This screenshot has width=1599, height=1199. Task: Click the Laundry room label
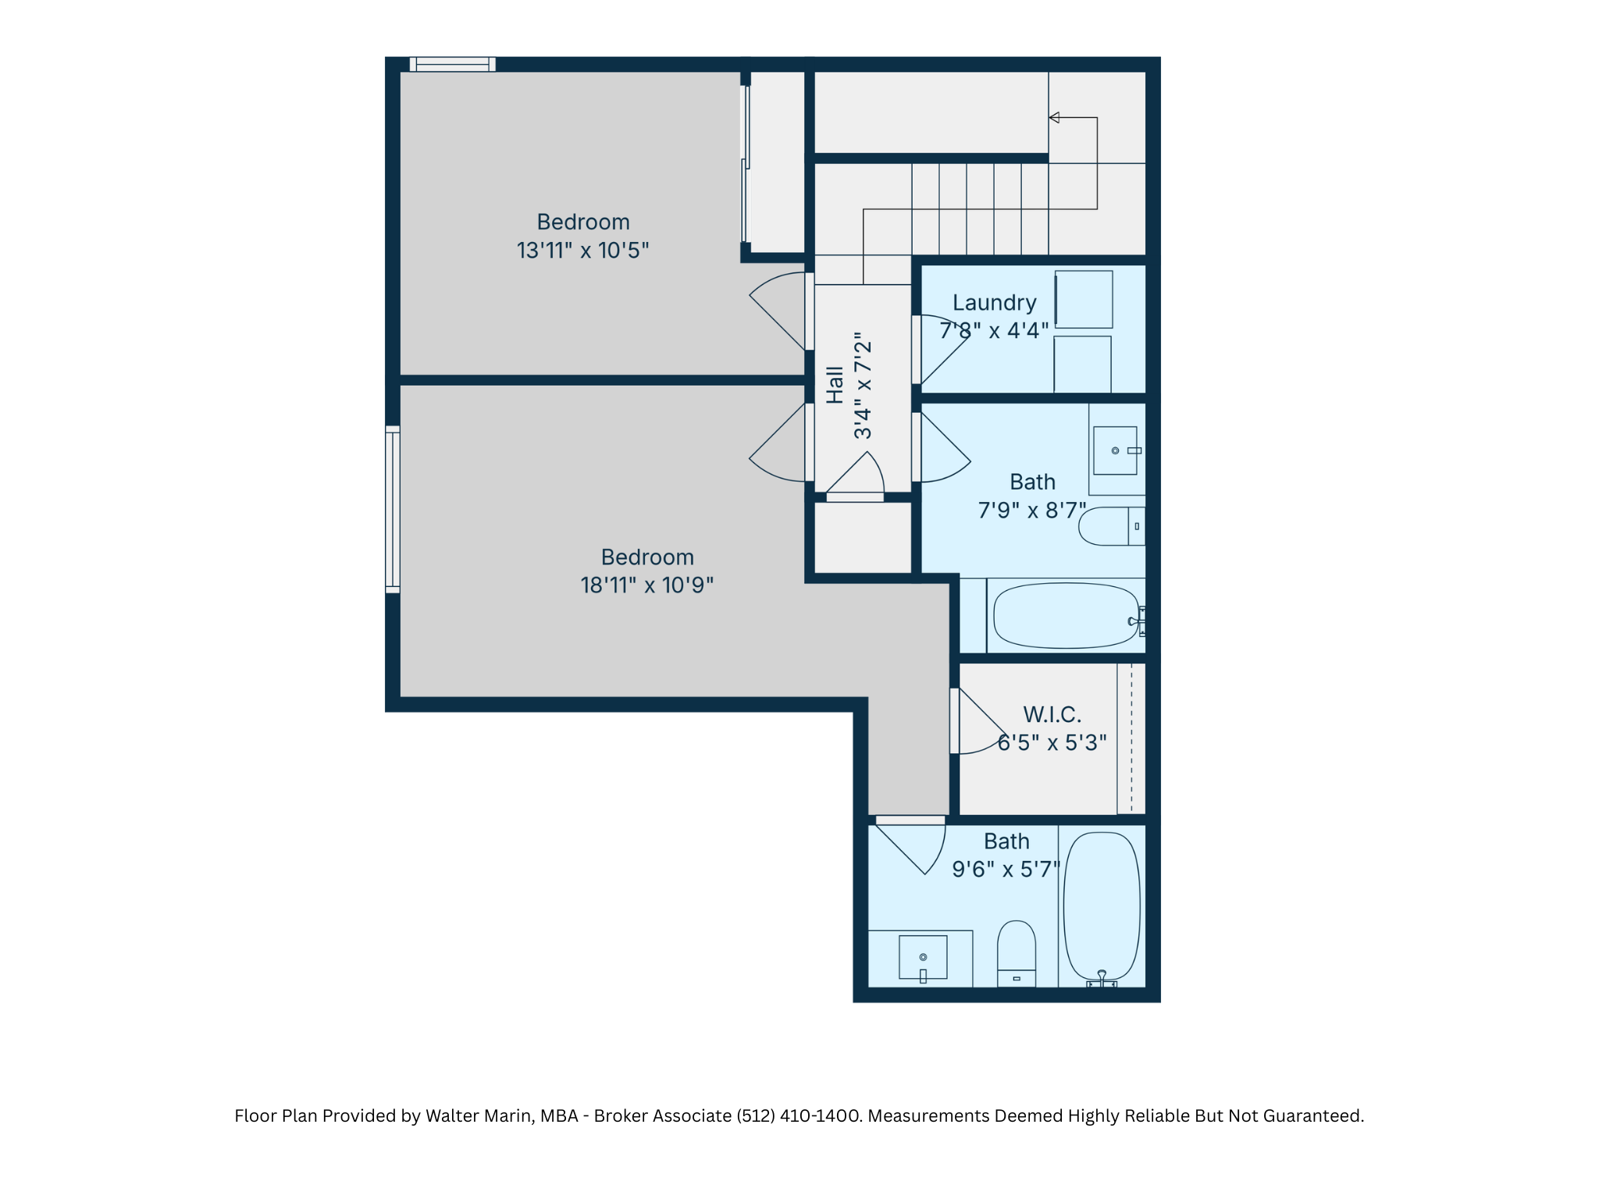(x=994, y=303)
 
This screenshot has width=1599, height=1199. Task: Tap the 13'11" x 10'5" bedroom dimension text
(x=582, y=251)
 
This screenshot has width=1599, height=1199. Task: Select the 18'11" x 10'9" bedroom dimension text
(x=647, y=585)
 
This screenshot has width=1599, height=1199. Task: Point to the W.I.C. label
(x=1052, y=714)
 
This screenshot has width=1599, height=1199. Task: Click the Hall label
(x=835, y=385)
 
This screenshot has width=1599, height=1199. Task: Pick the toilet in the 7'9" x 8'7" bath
(x=1112, y=526)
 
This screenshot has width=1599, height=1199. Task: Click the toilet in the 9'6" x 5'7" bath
(x=1017, y=953)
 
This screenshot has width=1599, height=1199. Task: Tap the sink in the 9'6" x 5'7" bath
(x=923, y=958)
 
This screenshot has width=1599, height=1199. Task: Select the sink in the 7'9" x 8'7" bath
(x=1116, y=450)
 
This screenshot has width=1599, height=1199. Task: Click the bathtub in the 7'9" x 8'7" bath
(x=1067, y=615)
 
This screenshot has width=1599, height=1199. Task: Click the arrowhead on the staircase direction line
(x=1054, y=118)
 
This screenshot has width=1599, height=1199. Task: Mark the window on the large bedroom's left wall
(x=393, y=509)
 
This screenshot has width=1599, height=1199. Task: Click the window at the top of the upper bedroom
(x=453, y=64)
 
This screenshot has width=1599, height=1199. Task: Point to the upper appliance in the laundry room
(x=1084, y=300)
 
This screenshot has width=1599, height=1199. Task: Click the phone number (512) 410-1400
(x=798, y=1115)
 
